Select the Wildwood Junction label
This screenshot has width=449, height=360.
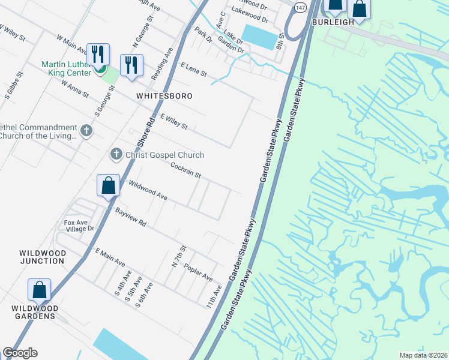coord(43,257)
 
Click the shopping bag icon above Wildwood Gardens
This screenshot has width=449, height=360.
coord(39,290)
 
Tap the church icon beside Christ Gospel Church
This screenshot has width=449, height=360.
coord(116,155)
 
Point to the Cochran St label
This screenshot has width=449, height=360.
coord(185,170)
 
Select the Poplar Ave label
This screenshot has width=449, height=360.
coord(198,273)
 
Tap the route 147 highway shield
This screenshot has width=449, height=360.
coord(301,5)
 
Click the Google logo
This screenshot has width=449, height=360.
coord(20,353)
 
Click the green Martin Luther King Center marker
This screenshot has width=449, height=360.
coord(101,73)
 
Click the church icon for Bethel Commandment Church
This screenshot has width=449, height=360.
coord(86,131)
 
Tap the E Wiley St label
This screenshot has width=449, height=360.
coord(174,122)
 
